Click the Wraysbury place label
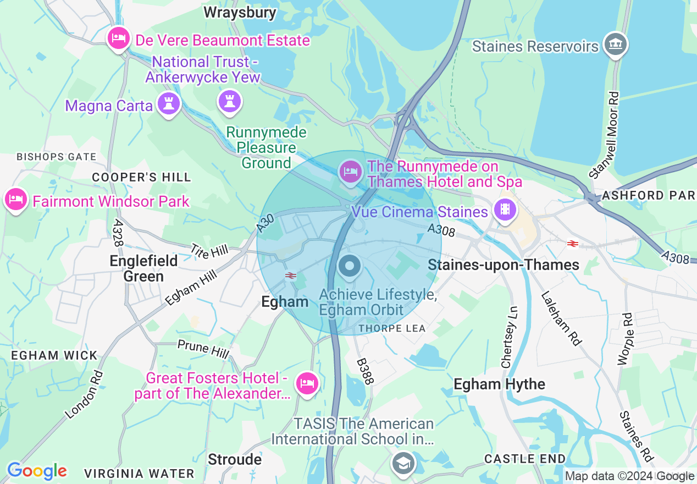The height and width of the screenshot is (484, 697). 240,12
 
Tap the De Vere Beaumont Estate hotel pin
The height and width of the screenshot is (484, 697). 118,38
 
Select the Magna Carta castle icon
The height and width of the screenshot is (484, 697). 169,103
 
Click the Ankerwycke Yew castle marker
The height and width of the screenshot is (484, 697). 230,101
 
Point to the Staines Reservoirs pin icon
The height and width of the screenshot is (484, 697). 615,44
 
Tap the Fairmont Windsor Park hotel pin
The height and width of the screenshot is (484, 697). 16,199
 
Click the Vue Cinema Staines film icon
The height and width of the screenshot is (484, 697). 505,210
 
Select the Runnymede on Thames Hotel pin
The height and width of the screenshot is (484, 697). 351,172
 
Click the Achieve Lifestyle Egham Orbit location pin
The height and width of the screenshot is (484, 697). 348,267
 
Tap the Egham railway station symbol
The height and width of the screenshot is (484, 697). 291,275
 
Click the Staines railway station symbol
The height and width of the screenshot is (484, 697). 572,243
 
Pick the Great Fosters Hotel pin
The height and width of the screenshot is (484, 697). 307,382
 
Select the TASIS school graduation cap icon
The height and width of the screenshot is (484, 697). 403,463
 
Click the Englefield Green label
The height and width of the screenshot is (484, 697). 143,268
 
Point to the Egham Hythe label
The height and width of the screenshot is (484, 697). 499,384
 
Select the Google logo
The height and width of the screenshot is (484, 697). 37,471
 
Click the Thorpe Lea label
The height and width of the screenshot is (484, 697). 392,328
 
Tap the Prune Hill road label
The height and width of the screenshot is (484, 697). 201,349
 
